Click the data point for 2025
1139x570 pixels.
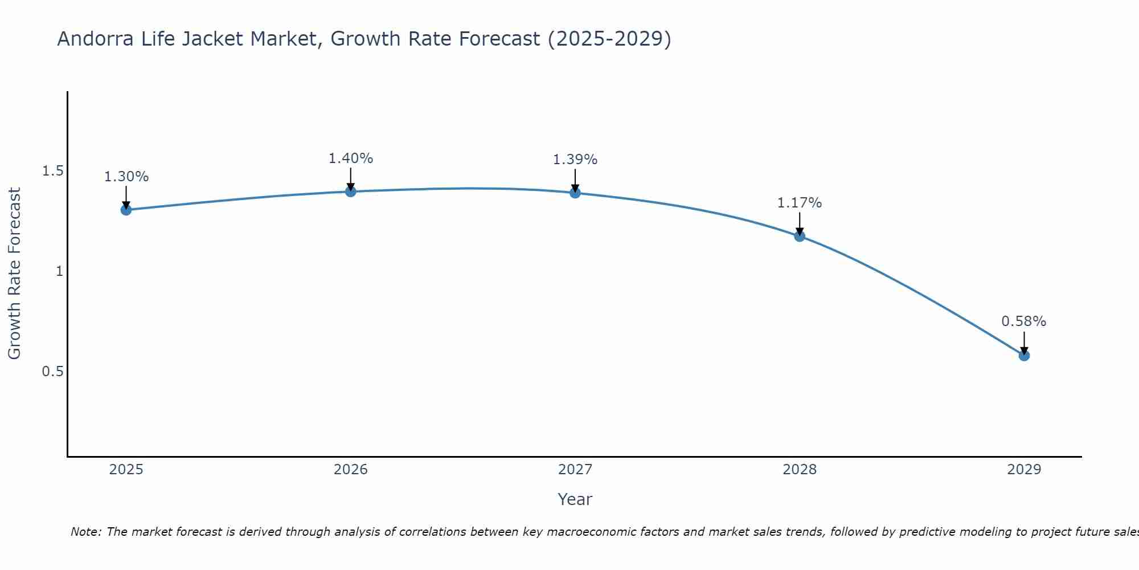(126, 210)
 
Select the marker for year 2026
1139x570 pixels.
(351, 192)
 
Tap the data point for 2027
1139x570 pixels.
(575, 193)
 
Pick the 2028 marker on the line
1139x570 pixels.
(800, 236)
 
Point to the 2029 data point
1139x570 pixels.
(1024, 355)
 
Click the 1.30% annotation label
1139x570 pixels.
(126, 177)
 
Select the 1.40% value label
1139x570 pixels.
(351, 158)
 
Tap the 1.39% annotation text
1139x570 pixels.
(575, 160)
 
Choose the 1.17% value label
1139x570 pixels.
(800, 203)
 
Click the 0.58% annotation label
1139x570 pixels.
(1024, 321)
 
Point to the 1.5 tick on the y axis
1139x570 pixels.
(52, 171)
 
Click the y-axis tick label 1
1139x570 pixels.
(59, 271)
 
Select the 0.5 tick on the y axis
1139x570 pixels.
(52, 372)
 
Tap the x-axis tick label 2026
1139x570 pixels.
(351, 470)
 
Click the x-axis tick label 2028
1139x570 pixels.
(800, 470)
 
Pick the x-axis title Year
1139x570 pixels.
(575, 499)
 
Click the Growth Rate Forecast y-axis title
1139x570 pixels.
(14, 274)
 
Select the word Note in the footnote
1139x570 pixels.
(85, 532)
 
